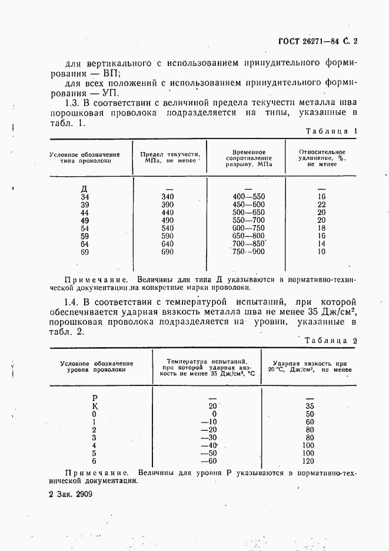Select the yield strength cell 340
[x=167, y=197]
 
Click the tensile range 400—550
[x=249, y=197]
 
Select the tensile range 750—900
[x=249, y=252]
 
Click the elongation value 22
[x=321, y=204]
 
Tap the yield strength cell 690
[x=167, y=252]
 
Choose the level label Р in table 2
[x=95, y=398]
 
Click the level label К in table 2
[x=95, y=406]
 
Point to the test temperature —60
[x=209, y=461]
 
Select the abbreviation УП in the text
[x=109, y=93]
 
